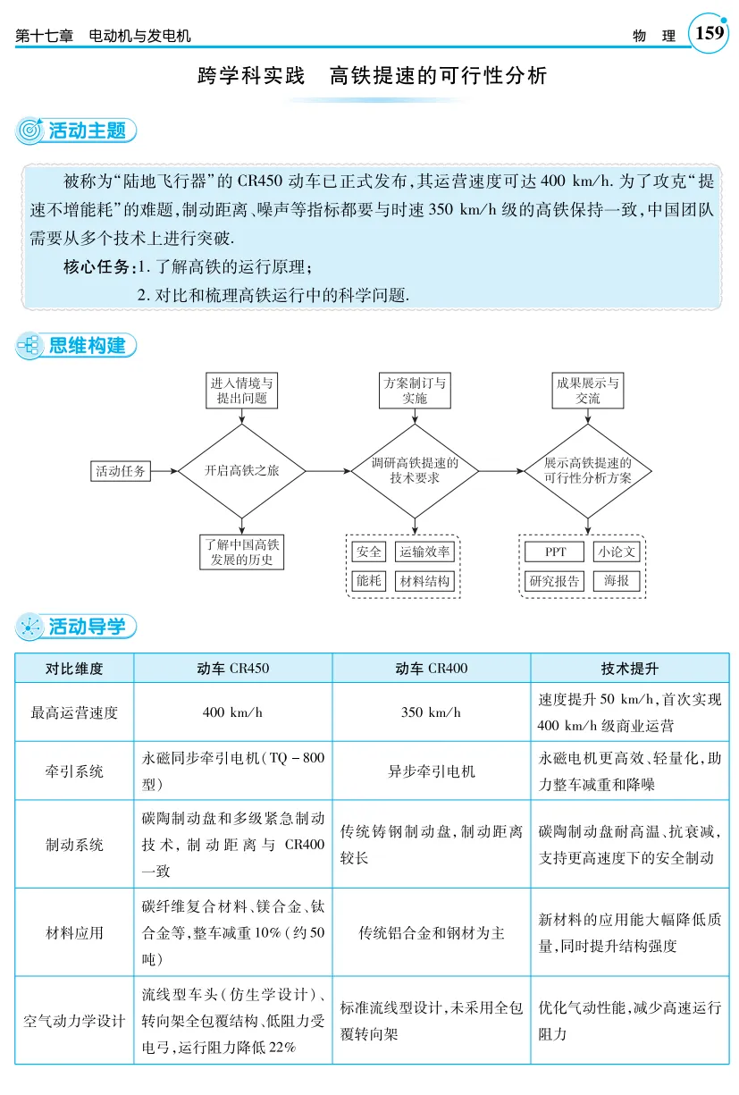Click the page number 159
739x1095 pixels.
click(709, 34)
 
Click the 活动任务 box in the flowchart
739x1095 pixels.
click(121, 471)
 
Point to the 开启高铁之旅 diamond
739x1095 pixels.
click(241, 471)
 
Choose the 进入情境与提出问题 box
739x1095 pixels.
click(241, 391)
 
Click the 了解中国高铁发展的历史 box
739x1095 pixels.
click(241, 552)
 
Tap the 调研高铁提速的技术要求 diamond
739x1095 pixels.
click(414, 471)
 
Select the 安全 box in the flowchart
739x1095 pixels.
click(368, 552)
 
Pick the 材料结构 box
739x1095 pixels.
click(424, 581)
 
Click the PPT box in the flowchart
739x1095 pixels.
click(554, 552)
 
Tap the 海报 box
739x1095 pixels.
click(616, 581)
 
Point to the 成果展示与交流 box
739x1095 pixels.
click(587, 391)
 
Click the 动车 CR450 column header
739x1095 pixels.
click(232, 668)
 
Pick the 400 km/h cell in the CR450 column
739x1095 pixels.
click(232, 712)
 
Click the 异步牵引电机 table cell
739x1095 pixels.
click(431, 771)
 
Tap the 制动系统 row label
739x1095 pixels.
click(74, 844)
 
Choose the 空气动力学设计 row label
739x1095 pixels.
click(74, 1020)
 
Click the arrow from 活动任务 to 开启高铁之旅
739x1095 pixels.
click(164, 471)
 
